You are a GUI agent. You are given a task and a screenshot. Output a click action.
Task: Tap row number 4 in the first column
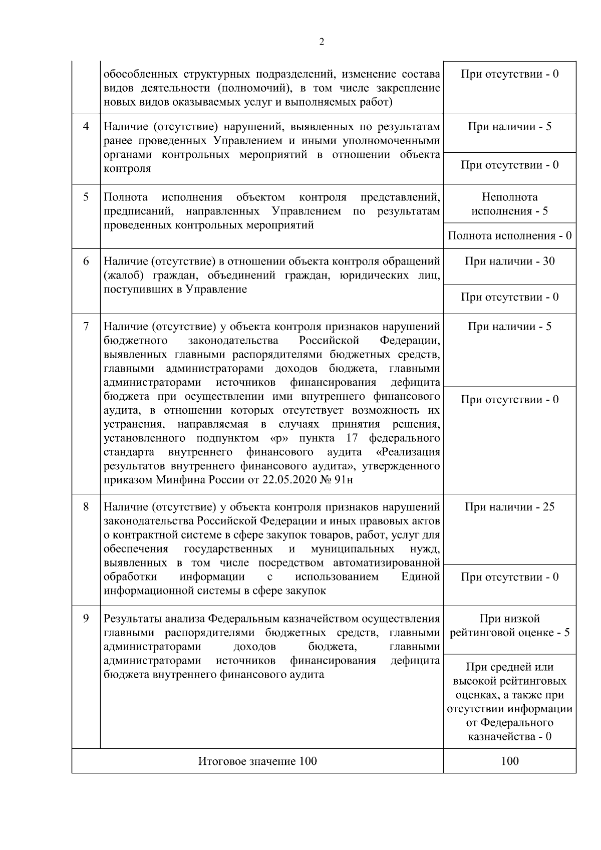point(86,126)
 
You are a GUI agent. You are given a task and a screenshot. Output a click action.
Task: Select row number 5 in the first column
point(86,197)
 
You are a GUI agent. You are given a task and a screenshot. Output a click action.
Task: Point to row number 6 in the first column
point(86,261)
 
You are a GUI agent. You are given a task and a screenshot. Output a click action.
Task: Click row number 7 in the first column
point(86,327)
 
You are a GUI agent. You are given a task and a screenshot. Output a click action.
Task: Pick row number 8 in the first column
point(86,506)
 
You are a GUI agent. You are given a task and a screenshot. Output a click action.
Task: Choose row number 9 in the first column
point(86,619)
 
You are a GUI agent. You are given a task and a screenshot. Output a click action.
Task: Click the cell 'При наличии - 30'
point(509,261)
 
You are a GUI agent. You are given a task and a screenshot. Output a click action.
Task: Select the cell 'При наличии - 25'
point(509,506)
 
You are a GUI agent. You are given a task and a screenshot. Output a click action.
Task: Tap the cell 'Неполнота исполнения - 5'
point(509,204)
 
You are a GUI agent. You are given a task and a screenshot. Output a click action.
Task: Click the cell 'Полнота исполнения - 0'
point(509,235)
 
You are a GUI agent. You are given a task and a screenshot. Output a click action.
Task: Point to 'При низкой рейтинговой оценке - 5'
point(509,626)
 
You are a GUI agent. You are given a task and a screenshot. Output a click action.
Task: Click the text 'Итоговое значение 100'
point(257,761)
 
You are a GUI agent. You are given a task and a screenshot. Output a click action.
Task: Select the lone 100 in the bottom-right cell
point(509,761)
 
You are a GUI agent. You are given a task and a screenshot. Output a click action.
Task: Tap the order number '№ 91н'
point(337,480)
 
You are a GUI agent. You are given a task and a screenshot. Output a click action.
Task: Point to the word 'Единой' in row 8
point(420,577)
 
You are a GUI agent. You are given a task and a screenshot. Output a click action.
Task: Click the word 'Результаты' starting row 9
point(129,619)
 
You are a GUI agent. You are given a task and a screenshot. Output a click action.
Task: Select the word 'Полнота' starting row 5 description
point(125,197)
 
